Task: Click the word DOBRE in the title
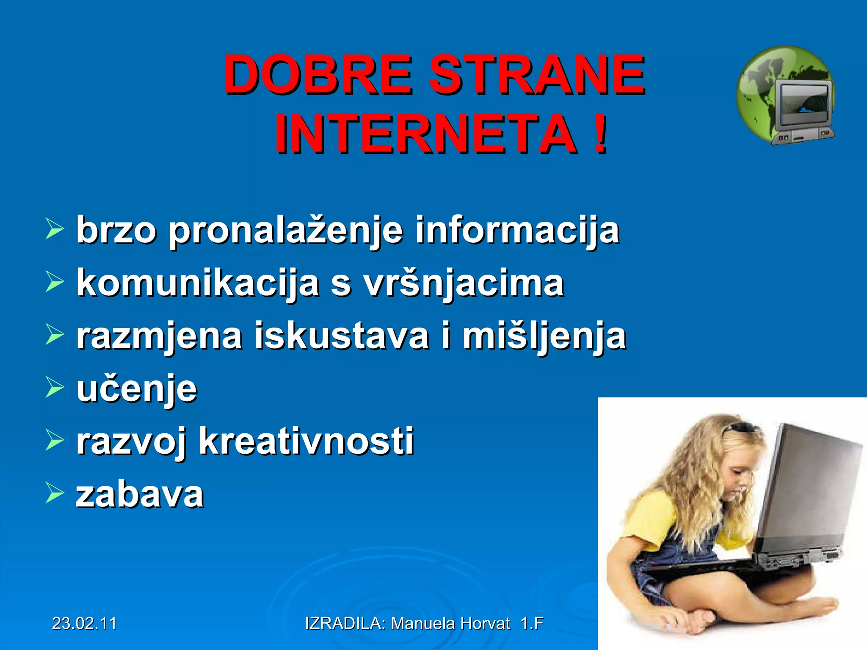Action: (x=318, y=75)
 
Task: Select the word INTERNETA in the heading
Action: (x=425, y=135)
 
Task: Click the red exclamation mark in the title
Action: (x=600, y=135)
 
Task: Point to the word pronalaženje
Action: (x=286, y=231)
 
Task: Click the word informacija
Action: (x=517, y=231)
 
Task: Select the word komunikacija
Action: (x=197, y=284)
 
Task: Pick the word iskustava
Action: (x=342, y=336)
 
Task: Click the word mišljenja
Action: (x=544, y=336)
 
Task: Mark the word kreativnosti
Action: (x=306, y=441)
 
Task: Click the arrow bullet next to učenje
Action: (x=54, y=388)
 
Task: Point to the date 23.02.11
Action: (x=84, y=623)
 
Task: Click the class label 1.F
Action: (x=532, y=623)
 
